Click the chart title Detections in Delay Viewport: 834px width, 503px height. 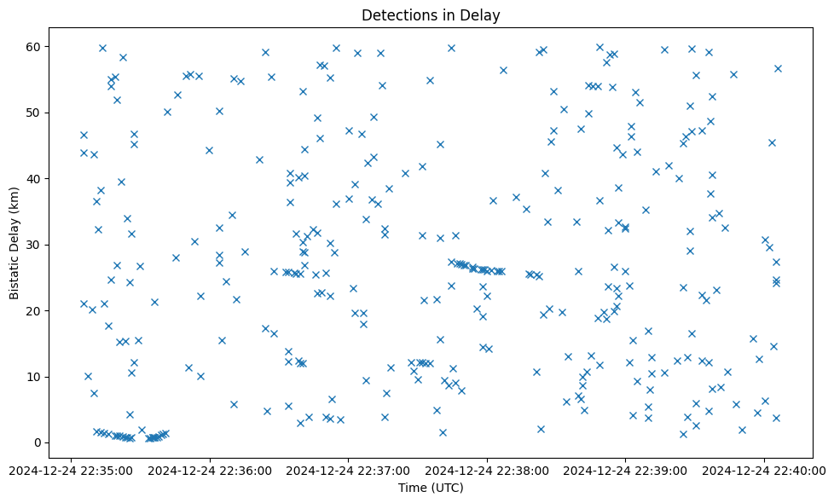431,14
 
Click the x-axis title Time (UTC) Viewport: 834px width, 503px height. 431,488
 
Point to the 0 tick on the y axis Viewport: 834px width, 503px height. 38,442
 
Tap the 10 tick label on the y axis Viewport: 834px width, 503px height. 36,377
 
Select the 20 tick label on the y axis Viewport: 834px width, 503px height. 36,310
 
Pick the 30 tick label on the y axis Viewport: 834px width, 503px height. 36,245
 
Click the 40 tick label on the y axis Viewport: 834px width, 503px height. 36,178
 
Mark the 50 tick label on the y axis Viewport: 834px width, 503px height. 36,113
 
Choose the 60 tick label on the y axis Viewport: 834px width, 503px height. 36,46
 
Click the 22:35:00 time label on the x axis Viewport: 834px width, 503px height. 71,469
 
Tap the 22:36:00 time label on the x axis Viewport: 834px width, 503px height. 210,469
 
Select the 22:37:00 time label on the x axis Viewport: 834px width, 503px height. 349,469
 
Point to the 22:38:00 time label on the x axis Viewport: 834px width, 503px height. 487,469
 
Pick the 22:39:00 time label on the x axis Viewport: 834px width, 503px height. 626,469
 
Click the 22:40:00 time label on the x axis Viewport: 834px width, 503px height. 765,469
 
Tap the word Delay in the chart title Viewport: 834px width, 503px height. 482,14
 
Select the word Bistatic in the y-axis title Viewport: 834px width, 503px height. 14,274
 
